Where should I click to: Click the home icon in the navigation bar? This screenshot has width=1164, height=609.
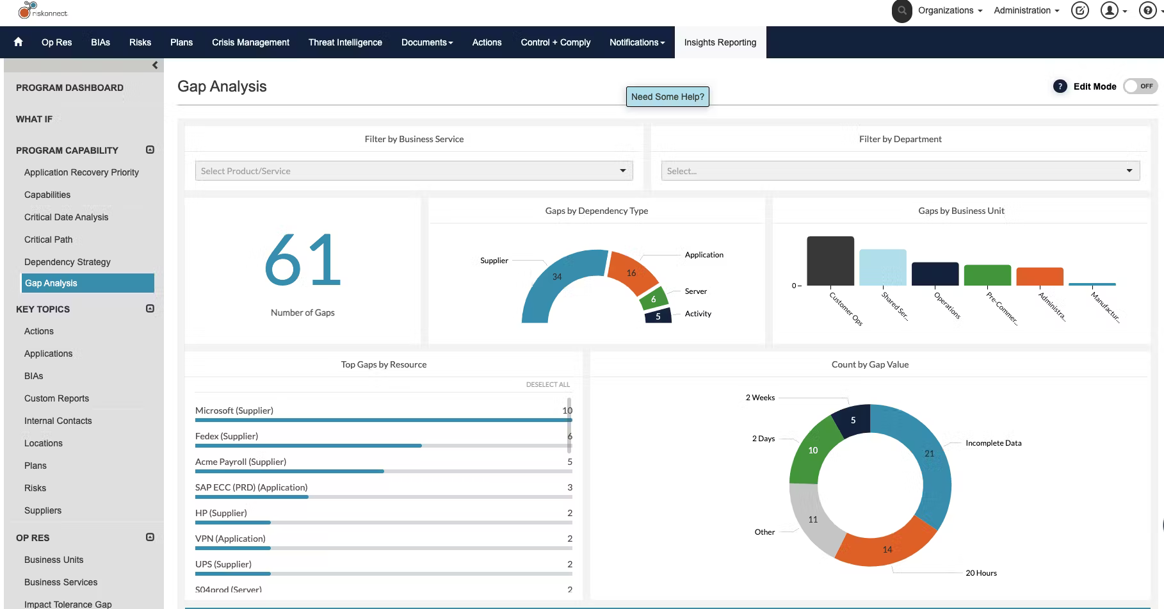pyautogui.click(x=18, y=42)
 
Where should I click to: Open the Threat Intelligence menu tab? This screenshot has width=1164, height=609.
pyautogui.click(x=345, y=42)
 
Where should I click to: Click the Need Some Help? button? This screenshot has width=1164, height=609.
pyautogui.click(x=667, y=97)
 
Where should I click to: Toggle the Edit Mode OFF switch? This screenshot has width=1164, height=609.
pyautogui.click(x=1140, y=86)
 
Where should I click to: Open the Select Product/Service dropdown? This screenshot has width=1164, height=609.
pyautogui.click(x=414, y=171)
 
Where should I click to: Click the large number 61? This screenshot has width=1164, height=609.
pyautogui.click(x=302, y=260)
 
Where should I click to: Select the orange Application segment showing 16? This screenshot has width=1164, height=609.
pyautogui.click(x=631, y=273)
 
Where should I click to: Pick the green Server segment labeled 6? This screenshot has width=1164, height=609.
pyautogui.click(x=653, y=299)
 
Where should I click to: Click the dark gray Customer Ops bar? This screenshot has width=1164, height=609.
pyautogui.click(x=830, y=261)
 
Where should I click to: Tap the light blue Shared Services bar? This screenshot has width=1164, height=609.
pyautogui.click(x=882, y=267)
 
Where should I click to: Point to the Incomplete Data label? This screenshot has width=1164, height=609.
pyautogui.click(x=993, y=443)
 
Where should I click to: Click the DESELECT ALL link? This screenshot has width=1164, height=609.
pyautogui.click(x=547, y=384)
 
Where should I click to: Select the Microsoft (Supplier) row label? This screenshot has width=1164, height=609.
pyautogui.click(x=234, y=410)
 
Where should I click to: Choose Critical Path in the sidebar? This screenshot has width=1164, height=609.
pyautogui.click(x=49, y=240)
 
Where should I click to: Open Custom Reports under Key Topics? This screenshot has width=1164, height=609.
pyautogui.click(x=56, y=398)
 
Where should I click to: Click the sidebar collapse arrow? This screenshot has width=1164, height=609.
pyautogui.click(x=155, y=65)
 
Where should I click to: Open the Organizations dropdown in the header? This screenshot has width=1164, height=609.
pyautogui.click(x=950, y=10)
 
